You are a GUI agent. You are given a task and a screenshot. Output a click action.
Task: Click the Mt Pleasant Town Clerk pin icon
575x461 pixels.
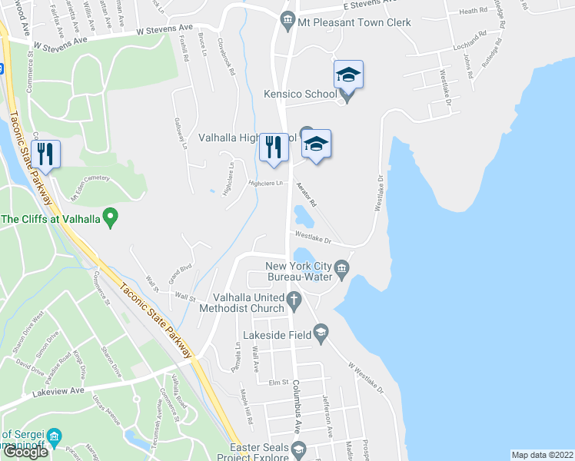coord(287,20)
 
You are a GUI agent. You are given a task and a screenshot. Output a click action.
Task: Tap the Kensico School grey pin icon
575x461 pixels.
coord(347,95)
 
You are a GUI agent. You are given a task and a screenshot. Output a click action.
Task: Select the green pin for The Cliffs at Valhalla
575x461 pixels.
coord(110,219)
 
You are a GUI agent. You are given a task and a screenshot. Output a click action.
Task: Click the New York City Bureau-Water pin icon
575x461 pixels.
coord(342,268)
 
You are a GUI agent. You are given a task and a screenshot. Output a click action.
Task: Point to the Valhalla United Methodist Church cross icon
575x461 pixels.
coord(293,298)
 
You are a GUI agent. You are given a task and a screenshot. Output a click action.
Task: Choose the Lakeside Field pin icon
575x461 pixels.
coord(321,333)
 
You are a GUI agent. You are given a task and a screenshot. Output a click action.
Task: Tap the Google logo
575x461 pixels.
coord(25,452)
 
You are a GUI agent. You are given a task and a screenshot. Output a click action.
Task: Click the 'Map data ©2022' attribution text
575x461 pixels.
coord(542,455)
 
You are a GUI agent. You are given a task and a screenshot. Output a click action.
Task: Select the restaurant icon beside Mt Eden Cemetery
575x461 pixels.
coord(48,155)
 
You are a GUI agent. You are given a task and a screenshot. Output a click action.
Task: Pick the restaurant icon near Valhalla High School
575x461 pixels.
coord(274,147)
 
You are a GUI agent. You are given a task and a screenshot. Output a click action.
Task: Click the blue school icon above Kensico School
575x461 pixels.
coord(348,75)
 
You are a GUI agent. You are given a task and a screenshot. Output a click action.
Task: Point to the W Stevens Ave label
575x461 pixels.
coord(165,30)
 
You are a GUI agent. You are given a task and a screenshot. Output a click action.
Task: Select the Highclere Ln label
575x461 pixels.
coord(266,184)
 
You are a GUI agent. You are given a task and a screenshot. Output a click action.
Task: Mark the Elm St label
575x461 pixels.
coord(278,382)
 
